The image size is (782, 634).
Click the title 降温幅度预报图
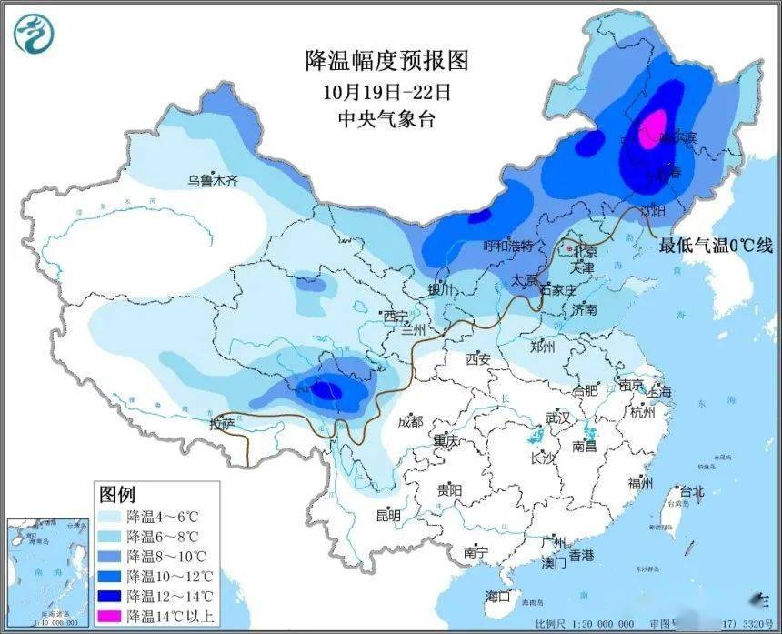386,61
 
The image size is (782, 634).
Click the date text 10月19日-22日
386,91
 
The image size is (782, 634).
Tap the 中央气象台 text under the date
386,118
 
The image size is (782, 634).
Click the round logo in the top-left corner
34,34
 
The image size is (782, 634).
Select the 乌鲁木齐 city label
212,181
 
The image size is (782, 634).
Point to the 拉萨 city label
223,424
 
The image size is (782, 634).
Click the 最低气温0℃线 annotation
716,245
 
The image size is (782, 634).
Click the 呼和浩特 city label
512,247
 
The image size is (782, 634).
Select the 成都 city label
410,421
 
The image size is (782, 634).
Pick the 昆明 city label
388,515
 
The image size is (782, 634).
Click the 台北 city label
692,491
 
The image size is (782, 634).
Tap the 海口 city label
497,597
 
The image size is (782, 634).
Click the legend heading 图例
117,495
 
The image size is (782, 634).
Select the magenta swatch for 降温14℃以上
112,615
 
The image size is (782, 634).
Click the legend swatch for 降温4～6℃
112,516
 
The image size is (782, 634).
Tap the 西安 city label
478,359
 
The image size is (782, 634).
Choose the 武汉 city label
556,418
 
